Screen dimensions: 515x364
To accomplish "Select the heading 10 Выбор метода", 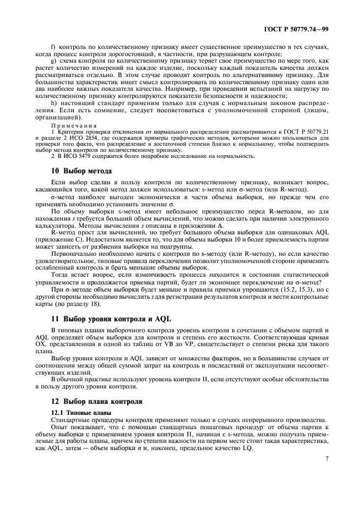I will tap(81, 171).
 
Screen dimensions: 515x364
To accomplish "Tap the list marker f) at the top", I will tap(53, 47).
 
